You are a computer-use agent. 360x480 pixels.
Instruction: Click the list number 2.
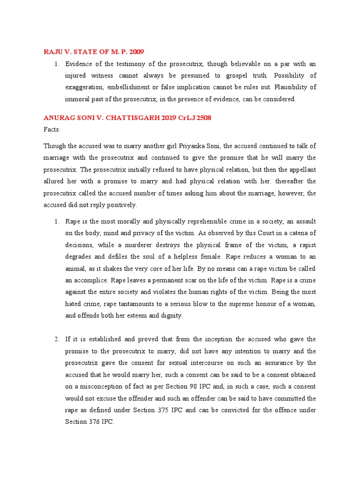[57, 339]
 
